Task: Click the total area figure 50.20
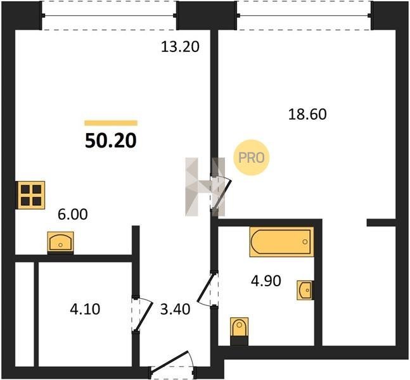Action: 111,141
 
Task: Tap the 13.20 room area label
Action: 180,47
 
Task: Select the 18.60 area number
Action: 307,115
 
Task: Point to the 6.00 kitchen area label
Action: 73,214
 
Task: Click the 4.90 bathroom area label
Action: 266,281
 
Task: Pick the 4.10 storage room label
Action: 85,309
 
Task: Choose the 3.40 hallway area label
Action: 175,309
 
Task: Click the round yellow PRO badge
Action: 252,158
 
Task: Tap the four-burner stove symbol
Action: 31,195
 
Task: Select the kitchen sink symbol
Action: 60,242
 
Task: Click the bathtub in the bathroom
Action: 281,242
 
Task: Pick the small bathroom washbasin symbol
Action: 305,290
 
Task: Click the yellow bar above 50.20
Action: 111,123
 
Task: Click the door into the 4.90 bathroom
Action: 208,289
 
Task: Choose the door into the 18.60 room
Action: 221,193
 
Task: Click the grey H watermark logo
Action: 205,187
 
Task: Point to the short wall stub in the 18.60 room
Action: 381,223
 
